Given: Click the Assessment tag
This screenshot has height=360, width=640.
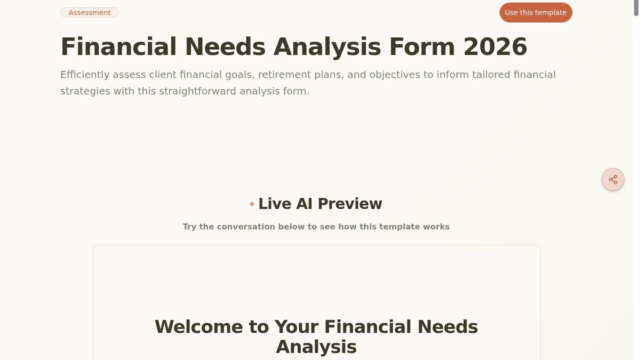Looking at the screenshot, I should pos(90,12).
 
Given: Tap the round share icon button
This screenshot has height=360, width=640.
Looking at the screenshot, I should pos(613,180).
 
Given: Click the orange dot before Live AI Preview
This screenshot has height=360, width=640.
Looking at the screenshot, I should pos(252,204).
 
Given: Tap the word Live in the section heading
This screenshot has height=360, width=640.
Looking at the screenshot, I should pos(275,204).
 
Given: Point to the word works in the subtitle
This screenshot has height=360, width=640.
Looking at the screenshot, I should pos(436,227).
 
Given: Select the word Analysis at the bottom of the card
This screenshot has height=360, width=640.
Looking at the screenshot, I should pos(316,347).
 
